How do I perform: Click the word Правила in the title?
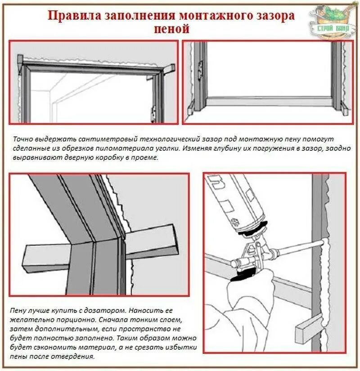click(75, 16)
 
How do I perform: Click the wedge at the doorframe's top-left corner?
click(20, 60)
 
